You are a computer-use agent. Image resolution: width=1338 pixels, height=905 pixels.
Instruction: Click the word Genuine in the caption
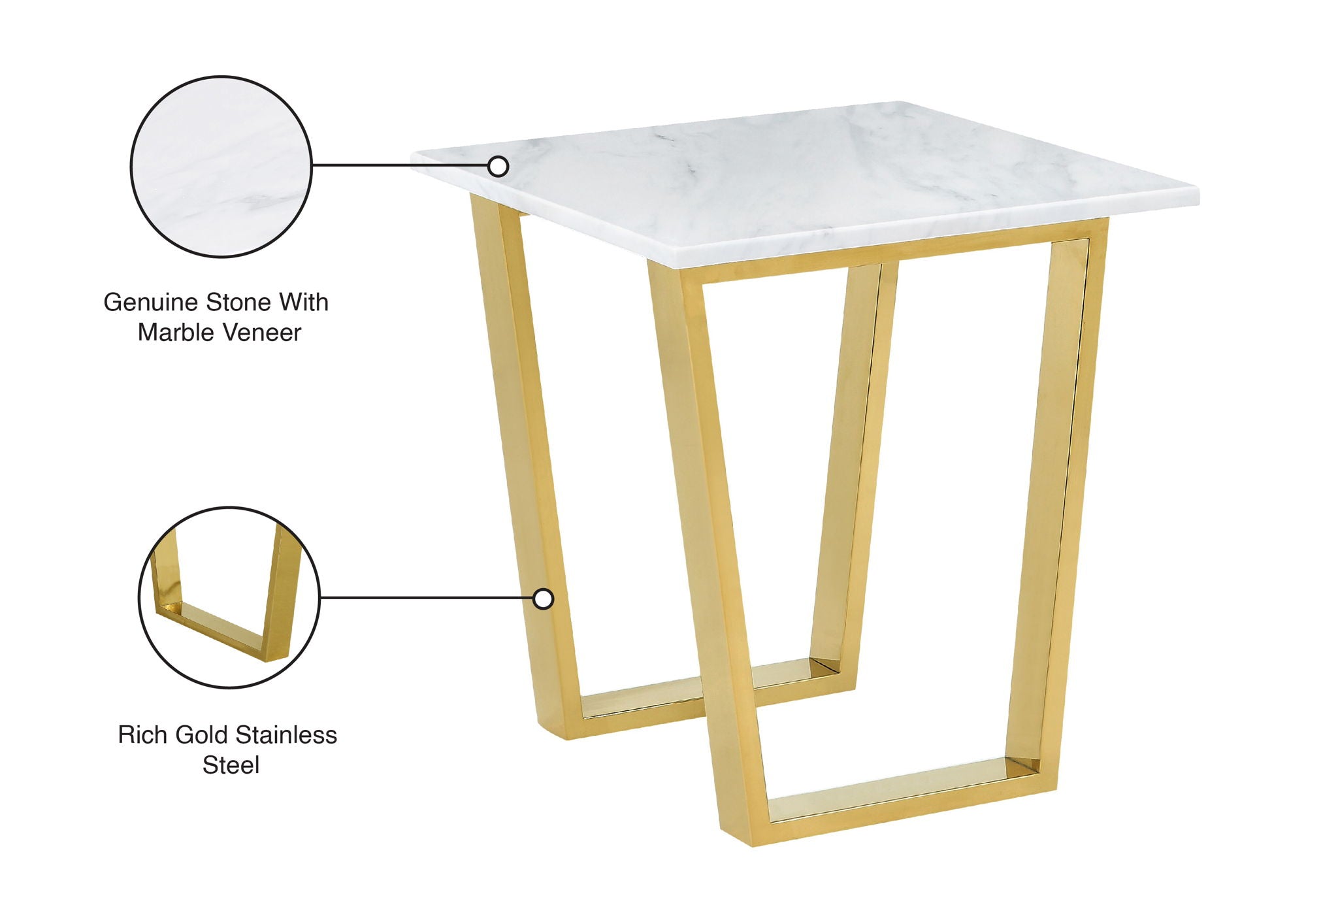151,303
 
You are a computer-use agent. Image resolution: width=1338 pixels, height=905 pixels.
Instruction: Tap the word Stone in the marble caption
238,303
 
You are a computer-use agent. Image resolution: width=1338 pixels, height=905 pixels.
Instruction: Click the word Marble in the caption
172,333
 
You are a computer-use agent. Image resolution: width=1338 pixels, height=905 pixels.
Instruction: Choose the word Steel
231,765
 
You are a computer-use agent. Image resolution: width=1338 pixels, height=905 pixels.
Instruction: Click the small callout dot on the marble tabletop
498,167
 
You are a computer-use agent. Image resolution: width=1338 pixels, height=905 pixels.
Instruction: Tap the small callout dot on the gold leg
543,599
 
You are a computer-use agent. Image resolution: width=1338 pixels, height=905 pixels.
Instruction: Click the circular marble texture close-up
221,166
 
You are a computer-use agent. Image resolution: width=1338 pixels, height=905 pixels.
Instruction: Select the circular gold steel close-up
229,597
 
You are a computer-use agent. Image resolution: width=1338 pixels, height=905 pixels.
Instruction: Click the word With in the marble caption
304,303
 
